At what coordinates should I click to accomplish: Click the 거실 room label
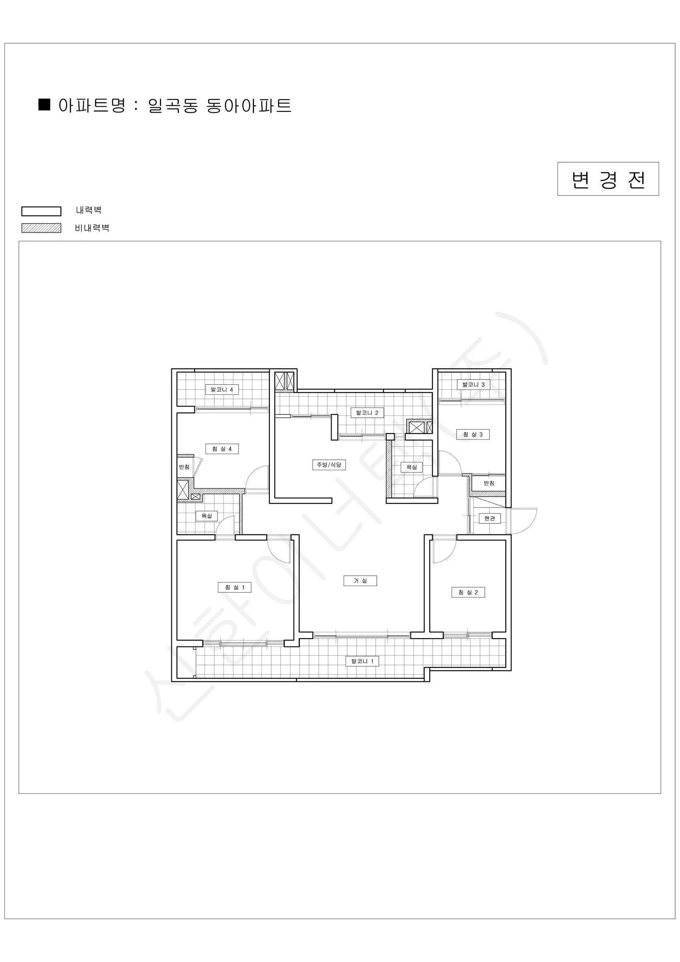click(360, 581)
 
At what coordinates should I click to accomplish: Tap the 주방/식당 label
click(329, 465)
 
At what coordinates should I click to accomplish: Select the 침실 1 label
click(235, 588)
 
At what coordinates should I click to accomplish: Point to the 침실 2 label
click(468, 592)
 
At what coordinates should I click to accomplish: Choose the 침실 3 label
click(473, 435)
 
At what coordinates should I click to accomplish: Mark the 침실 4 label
click(222, 449)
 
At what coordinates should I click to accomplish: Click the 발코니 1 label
click(362, 661)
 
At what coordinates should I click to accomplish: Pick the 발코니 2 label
click(367, 413)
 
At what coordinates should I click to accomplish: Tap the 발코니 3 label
click(473, 384)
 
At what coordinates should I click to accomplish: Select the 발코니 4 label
click(222, 390)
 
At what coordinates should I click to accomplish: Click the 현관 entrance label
click(489, 518)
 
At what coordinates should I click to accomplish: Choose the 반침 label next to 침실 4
click(184, 467)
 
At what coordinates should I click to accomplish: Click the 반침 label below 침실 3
click(489, 483)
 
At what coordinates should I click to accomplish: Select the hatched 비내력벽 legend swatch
click(41, 228)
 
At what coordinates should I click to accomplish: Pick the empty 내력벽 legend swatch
click(41, 211)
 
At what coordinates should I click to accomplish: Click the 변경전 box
click(608, 179)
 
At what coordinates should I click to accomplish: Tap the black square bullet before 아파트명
click(44, 105)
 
